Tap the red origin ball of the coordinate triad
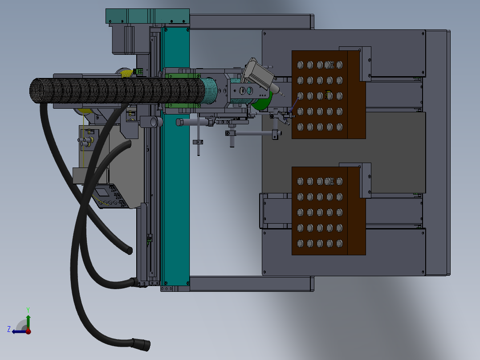point(28,331)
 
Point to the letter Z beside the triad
point(9,329)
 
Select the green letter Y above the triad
point(28,309)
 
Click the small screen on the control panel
point(102,192)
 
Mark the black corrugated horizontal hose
point(111,93)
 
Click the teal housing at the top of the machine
point(147,16)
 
